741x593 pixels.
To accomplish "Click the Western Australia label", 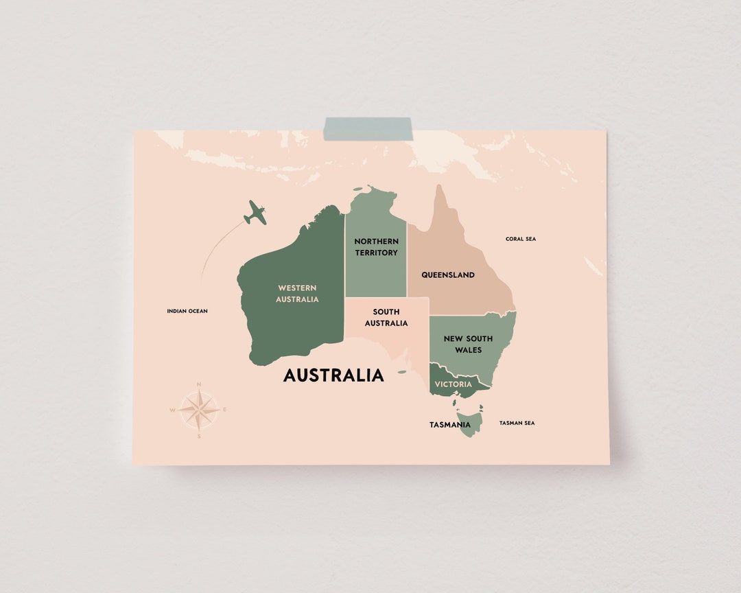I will [x=297, y=294].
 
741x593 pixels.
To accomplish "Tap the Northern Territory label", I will [x=376, y=247].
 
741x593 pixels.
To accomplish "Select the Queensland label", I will [x=447, y=275].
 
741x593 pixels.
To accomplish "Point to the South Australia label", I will [x=386, y=318].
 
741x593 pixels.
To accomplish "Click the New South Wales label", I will [x=468, y=344].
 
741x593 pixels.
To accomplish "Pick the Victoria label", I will [x=453, y=384].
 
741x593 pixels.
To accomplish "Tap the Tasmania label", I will [x=449, y=425].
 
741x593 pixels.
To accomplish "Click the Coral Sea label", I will [x=521, y=239].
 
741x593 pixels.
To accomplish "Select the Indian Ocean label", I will [x=187, y=311].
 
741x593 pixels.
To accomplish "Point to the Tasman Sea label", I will [x=517, y=423].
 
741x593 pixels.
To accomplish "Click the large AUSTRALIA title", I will [x=333, y=375].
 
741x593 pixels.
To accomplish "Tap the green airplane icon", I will [x=255, y=213].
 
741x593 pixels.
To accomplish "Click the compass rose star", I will [x=199, y=410].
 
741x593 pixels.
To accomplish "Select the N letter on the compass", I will [x=199, y=384].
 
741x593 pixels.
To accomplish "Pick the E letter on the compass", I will [x=224, y=410].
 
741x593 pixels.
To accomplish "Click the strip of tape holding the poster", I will [x=368, y=129].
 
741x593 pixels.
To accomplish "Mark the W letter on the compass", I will [x=173, y=410].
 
